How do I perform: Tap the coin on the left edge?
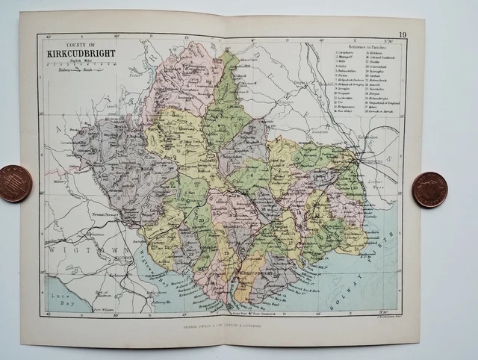click(x=14, y=183)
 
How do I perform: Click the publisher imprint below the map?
click(x=224, y=325)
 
